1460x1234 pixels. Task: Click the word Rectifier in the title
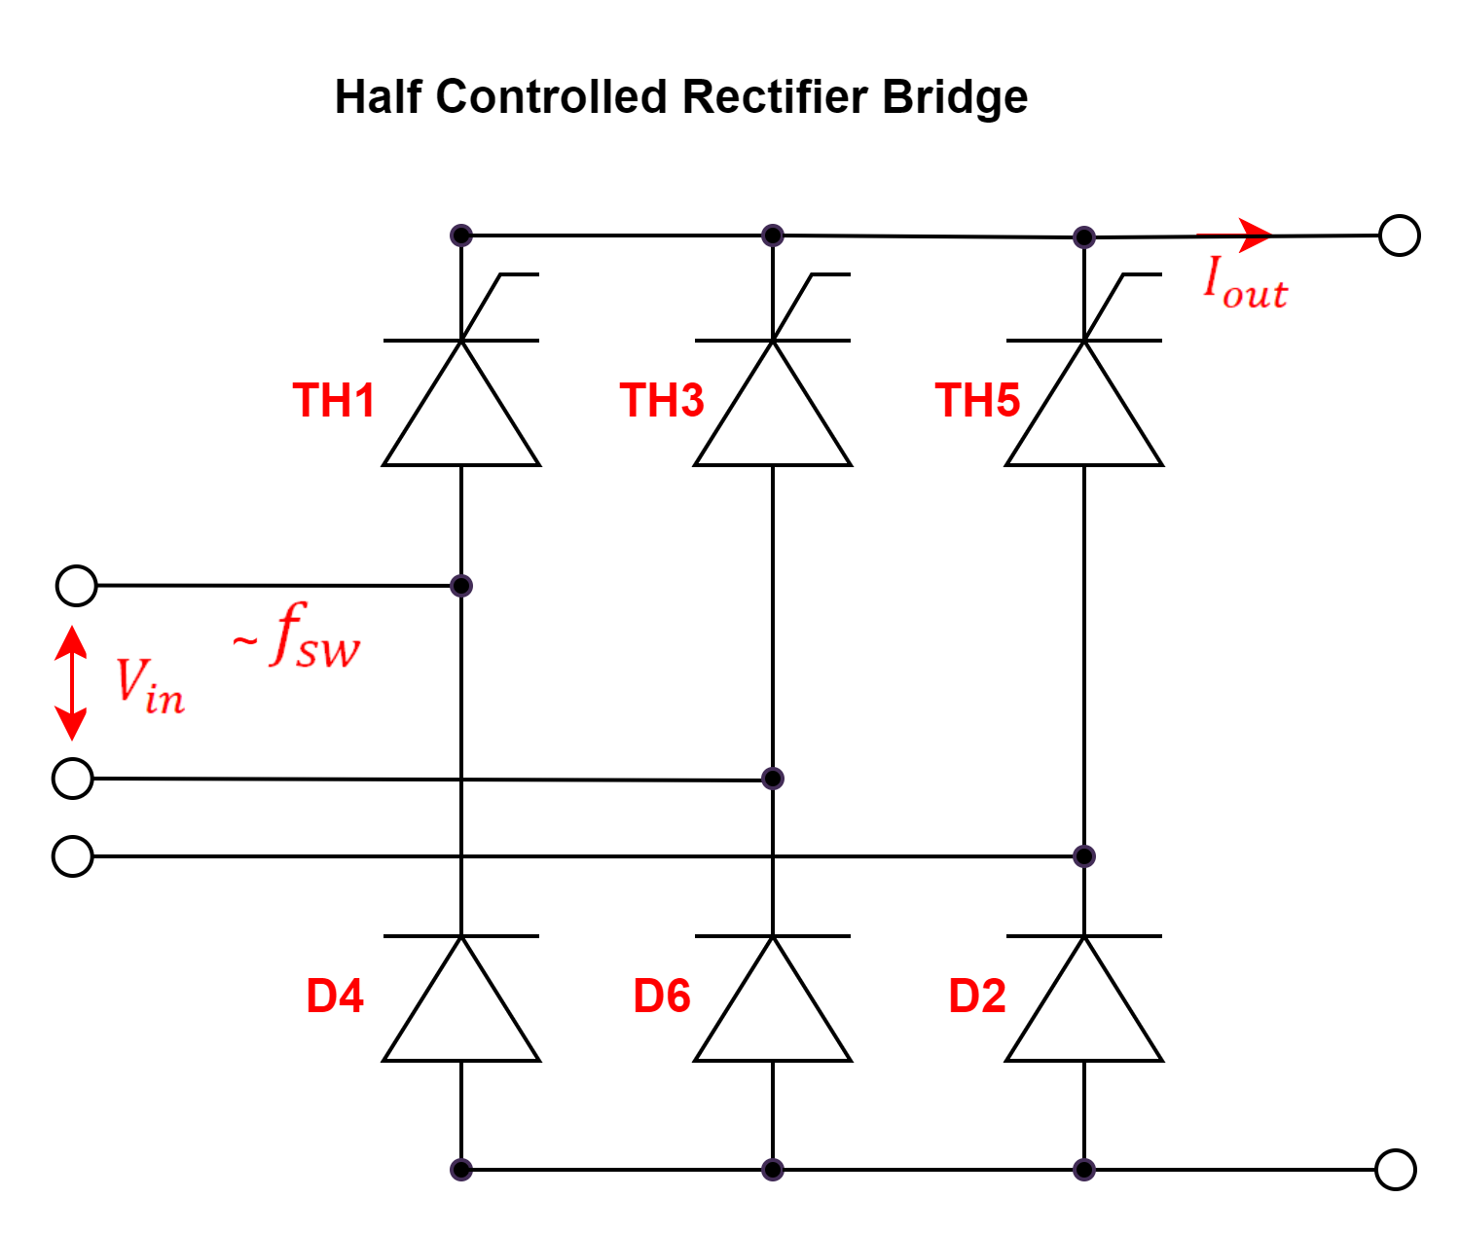click(x=775, y=96)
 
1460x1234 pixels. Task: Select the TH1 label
click(x=334, y=401)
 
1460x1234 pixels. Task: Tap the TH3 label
click(x=662, y=401)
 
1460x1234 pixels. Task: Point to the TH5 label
click(x=977, y=401)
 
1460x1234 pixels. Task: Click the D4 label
click(x=335, y=997)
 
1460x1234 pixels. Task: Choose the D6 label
click(x=662, y=997)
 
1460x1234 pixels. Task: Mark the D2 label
click(x=977, y=997)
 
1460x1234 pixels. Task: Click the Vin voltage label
click(x=150, y=686)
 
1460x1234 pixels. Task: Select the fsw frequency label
click(x=297, y=635)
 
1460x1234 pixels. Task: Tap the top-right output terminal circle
click(x=1400, y=236)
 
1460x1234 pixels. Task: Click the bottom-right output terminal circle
click(x=1396, y=1170)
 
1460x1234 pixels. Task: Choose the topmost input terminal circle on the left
click(x=76, y=586)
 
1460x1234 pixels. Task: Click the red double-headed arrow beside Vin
click(x=71, y=683)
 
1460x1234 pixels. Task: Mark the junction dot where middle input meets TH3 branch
click(x=773, y=779)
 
